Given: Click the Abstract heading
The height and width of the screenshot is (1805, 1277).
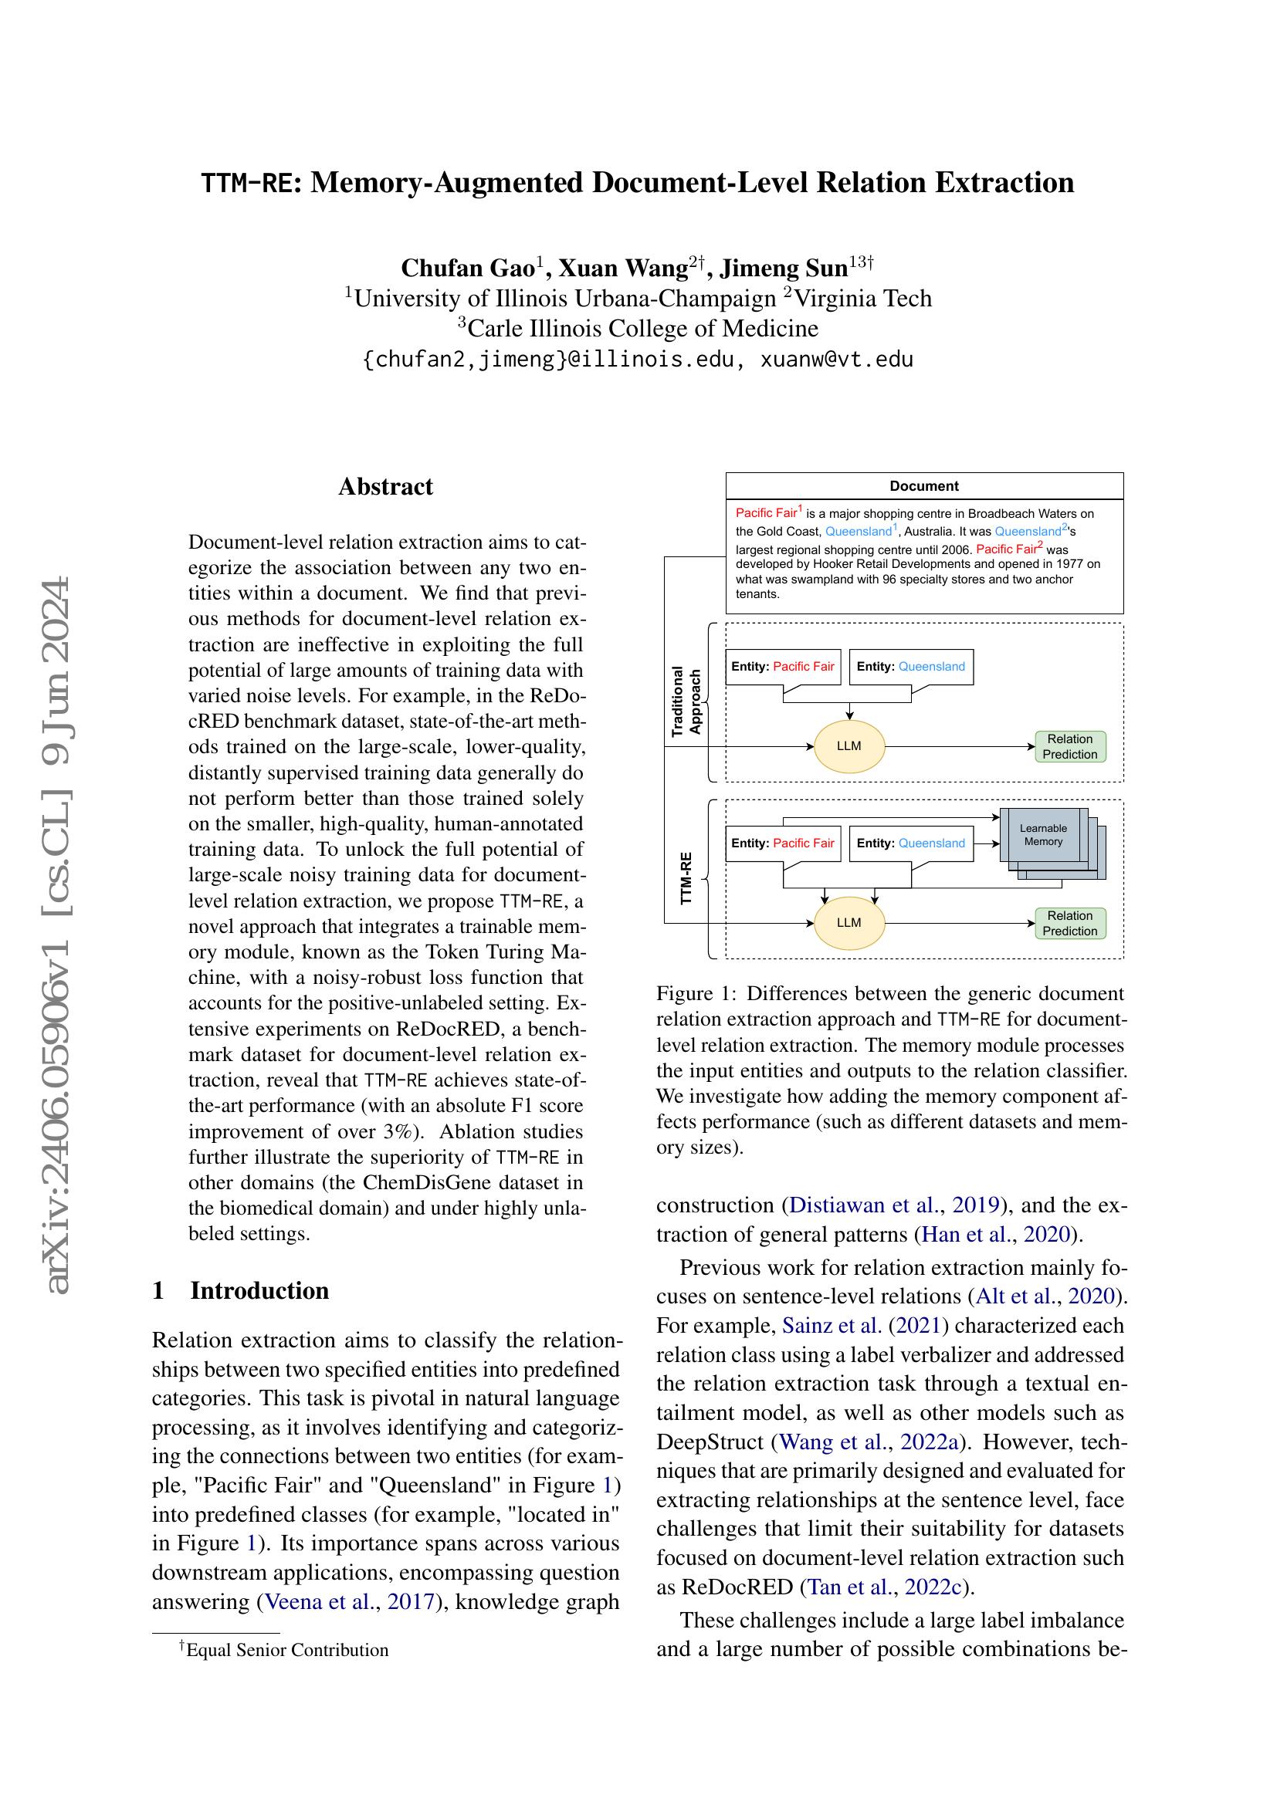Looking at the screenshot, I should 385,487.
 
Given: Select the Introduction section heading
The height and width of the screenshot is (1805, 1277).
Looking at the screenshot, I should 259,1290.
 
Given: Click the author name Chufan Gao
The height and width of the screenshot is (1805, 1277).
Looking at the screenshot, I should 467,268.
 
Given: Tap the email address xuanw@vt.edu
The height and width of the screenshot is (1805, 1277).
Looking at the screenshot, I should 836,360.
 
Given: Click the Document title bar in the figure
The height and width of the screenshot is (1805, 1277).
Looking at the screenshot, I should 924,486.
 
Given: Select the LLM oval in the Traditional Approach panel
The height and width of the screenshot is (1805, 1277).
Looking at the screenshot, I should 849,746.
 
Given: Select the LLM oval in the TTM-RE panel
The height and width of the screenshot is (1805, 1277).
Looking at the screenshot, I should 849,922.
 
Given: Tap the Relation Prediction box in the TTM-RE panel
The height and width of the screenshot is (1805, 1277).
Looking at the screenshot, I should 1069,923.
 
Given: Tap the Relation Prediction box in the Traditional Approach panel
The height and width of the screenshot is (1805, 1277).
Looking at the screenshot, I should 1069,746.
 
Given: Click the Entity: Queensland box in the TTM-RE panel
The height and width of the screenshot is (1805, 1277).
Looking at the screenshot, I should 910,843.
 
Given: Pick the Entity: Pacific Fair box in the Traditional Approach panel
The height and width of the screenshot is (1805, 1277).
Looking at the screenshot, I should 782,667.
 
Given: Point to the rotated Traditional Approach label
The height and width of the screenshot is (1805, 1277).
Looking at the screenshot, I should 686,702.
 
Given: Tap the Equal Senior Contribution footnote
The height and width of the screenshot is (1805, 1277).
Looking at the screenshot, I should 286,1650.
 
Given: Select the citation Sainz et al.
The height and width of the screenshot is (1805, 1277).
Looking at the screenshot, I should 832,1326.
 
